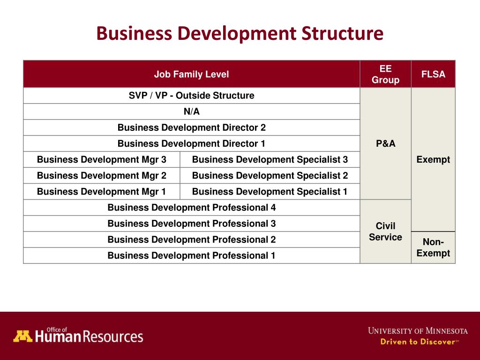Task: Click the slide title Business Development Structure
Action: point(240,34)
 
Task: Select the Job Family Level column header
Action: point(191,74)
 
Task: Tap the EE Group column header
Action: point(385,74)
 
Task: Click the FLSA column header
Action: point(433,74)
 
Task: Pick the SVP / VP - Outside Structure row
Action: point(191,96)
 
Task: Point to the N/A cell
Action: point(191,112)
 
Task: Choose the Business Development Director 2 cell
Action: point(191,127)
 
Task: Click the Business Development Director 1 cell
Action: point(191,143)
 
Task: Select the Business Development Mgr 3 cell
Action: point(101,159)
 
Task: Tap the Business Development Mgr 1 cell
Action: point(101,191)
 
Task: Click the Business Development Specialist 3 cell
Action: point(270,159)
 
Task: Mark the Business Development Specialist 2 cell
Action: point(270,175)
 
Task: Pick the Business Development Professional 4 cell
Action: point(191,207)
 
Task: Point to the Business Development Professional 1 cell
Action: point(191,255)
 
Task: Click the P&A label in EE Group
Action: point(385,143)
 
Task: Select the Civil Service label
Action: point(385,232)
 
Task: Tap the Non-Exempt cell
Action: point(433,247)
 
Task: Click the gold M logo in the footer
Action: point(22,336)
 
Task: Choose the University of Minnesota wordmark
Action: point(418,330)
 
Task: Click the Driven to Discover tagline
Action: point(419,342)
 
